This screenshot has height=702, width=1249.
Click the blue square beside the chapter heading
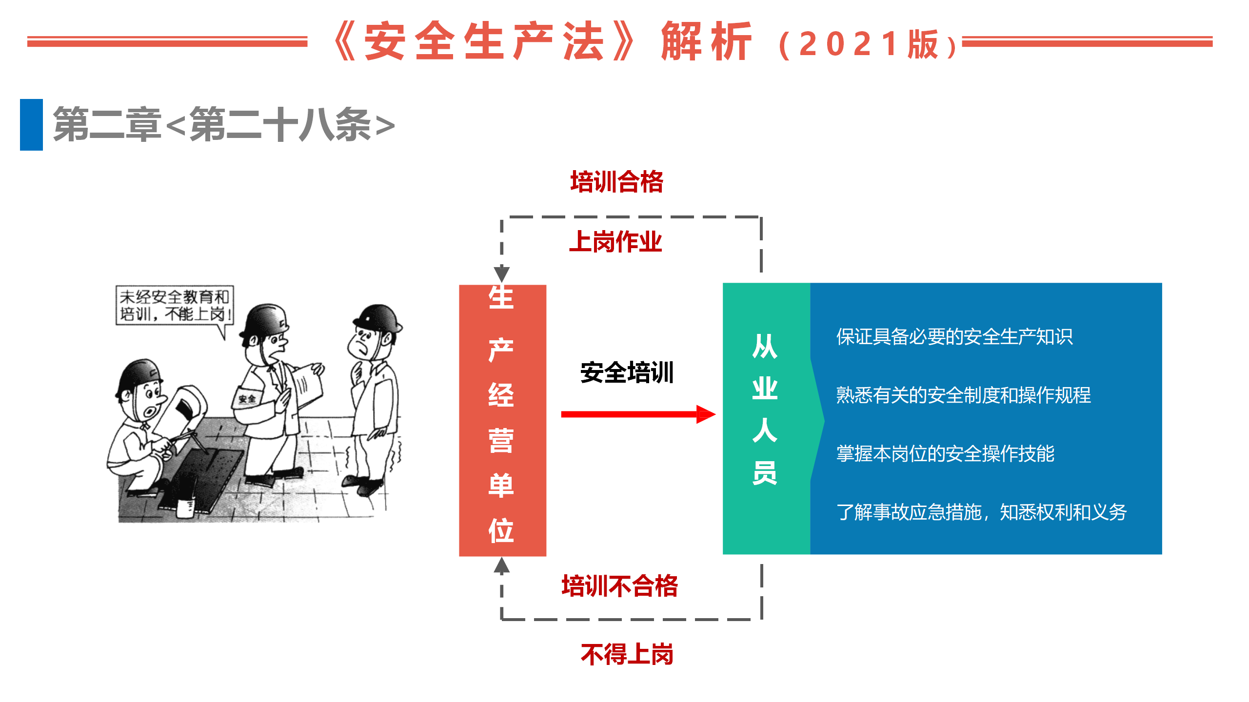(x=31, y=125)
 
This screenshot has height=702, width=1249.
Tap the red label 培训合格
(x=617, y=182)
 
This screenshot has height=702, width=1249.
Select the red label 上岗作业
(x=615, y=242)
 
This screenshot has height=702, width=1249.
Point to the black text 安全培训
(x=627, y=373)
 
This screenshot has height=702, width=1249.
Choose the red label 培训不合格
(x=620, y=586)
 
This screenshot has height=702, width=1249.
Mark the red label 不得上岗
(x=627, y=654)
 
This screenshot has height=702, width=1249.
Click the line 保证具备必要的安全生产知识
(x=954, y=337)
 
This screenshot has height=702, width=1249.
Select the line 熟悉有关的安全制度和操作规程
(x=963, y=395)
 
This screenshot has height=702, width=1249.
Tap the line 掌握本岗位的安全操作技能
(x=945, y=454)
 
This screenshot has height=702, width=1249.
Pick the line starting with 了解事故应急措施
(x=981, y=512)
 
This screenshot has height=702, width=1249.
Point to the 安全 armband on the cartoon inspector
(x=247, y=398)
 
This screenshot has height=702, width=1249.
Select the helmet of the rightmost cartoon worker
(x=377, y=317)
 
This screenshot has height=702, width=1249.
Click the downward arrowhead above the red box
(x=502, y=273)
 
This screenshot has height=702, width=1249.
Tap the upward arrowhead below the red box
(x=502, y=565)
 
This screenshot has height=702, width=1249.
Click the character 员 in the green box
(x=765, y=472)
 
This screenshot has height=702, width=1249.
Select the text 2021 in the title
(x=849, y=44)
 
